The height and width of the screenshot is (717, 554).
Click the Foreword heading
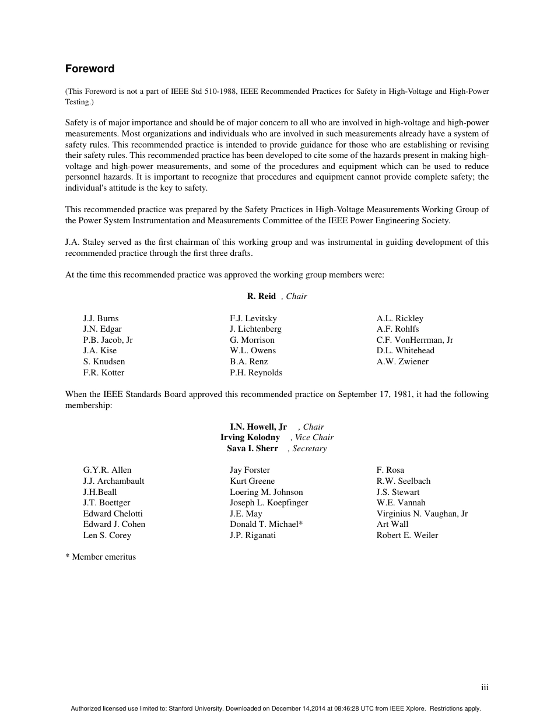[90, 69]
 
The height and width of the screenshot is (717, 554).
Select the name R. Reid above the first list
[261, 296]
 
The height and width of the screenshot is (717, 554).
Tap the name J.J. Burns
[101, 318]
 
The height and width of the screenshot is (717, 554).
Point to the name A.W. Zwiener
[402, 361]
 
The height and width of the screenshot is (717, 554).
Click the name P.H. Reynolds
[256, 372]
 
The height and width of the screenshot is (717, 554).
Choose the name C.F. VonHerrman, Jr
[415, 340]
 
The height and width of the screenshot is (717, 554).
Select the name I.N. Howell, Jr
[258, 427]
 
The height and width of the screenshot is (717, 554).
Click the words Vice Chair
[314, 437]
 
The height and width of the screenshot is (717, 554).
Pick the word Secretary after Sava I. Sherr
[309, 448]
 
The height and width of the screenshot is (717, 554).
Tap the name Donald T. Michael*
[267, 524]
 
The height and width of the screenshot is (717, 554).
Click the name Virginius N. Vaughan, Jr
[422, 514]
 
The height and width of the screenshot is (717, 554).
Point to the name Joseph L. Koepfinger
[269, 502]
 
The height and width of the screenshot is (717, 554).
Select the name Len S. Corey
[107, 535]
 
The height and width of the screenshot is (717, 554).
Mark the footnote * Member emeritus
[100, 557]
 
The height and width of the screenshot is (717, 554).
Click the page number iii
[485, 688]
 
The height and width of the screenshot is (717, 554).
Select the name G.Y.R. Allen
[107, 470]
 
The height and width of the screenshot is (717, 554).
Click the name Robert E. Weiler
[407, 535]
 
